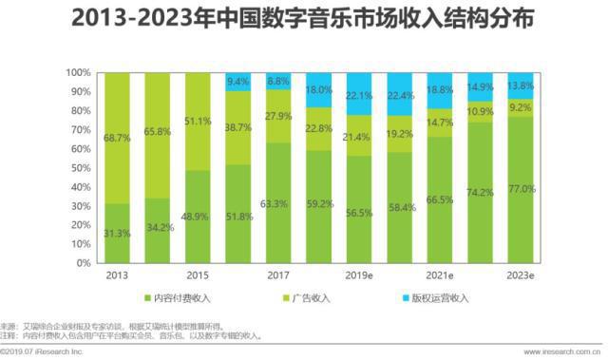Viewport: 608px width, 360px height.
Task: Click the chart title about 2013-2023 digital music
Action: [x=303, y=18]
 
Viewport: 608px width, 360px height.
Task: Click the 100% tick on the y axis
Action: [x=79, y=72]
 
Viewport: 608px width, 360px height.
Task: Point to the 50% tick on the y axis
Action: [x=82, y=167]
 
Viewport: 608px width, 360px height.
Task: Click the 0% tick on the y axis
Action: [x=85, y=262]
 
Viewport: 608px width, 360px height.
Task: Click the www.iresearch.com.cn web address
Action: [x=561, y=351]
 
